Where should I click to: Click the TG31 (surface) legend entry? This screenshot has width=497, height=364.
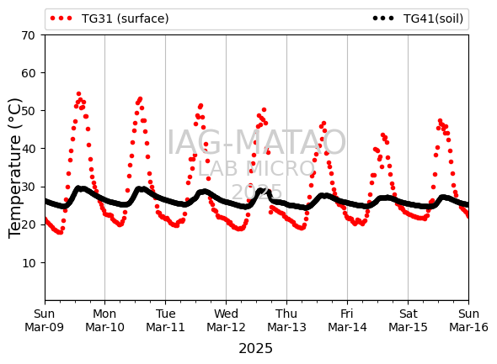pos(110,18)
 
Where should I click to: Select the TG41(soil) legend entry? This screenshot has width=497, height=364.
pos(418,18)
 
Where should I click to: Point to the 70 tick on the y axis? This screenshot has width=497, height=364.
pos(28,35)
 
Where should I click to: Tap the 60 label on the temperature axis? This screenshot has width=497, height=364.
pos(28,73)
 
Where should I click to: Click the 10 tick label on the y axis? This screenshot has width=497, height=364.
pos(28,263)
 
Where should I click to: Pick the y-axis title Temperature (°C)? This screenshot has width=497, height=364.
pos(14,168)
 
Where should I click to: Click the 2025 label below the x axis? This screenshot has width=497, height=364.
pos(255,349)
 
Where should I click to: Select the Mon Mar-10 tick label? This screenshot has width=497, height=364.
pos(104,320)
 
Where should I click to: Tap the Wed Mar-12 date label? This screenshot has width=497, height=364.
pos(226,320)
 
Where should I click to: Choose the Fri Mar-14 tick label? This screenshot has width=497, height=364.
pos(347,320)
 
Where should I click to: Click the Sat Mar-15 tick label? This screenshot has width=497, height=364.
pos(408,320)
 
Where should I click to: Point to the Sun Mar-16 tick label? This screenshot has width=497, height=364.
pos(468,320)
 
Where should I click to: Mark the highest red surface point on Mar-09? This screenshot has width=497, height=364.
pos(78,94)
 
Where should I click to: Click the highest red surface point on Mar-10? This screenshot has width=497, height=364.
pos(140,99)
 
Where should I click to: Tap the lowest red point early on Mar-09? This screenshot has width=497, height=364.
pos(60,233)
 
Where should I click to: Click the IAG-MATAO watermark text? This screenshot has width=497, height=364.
pos(256,142)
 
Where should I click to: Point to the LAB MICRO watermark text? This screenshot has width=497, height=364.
pos(256,169)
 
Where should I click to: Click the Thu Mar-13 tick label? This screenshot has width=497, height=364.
pos(286,320)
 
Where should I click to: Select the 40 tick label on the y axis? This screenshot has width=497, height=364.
pos(28,149)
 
